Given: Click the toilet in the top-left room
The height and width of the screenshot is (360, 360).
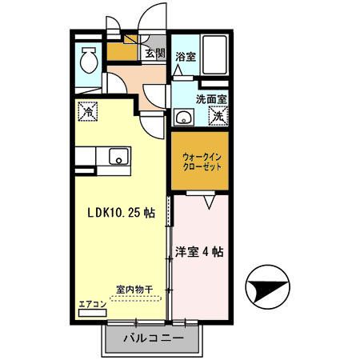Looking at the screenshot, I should click(x=87, y=59).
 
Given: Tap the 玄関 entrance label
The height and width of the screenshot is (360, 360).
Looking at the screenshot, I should click(x=155, y=54).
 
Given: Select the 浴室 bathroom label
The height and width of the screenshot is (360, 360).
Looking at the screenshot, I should click(x=186, y=57).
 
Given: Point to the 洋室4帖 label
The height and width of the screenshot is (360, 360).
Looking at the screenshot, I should click(x=201, y=251).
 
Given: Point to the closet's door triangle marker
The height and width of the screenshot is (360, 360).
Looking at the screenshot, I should click(x=209, y=204).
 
